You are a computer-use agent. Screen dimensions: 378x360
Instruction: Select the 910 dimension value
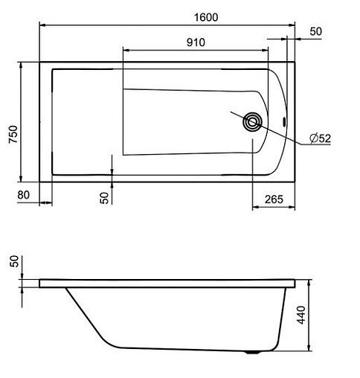coord(195,42)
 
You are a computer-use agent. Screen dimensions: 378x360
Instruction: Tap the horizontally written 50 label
coord(315,32)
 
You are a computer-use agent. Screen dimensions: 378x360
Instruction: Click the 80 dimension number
coord(23,195)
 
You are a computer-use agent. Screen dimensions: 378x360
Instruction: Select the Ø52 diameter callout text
coord(320,138)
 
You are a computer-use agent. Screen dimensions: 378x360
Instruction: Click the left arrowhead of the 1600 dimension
coord(42,25)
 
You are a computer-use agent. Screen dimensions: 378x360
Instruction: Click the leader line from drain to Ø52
coord(283,131)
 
